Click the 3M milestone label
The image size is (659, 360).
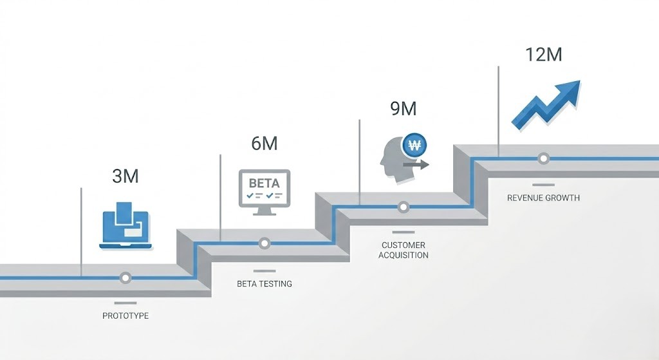125,176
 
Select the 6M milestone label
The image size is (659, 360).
265,144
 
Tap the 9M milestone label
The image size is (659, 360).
404,109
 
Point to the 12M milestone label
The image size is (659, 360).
543,54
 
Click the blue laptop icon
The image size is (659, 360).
125,227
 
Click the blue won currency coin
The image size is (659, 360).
415,145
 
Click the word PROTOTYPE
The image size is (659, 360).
125,316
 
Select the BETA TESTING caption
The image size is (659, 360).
265,283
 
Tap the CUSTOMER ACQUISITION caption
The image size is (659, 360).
404,250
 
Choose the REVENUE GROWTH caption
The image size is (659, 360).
543,198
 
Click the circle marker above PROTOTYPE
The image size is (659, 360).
125,278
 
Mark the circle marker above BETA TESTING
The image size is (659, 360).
265,243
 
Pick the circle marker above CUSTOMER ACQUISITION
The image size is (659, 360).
404,207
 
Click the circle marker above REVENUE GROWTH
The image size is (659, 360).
543,158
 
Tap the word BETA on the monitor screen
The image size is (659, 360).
265,183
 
